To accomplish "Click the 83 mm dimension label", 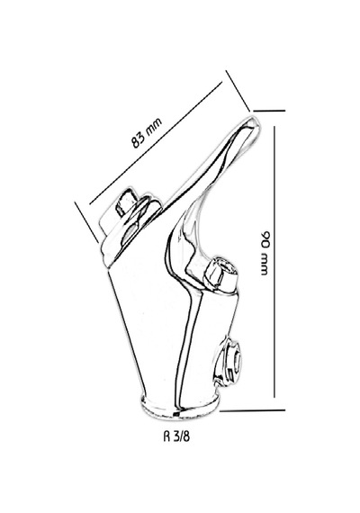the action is click(x=147, y=133).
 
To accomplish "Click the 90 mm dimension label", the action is click(x=266, y=253).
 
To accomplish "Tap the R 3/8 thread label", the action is click(x=176, y=436).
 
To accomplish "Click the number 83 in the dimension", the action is click(x=139, y=139).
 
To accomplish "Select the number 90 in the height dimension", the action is click(x=266, y=238).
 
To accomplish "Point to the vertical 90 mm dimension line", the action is click(x=274, y=262).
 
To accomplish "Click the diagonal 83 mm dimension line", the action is click(x=156, y=143).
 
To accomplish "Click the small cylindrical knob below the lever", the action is click(x=220, y=274).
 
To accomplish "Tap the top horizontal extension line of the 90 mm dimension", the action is click(x=269, y=111).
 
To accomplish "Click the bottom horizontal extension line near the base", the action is click(x=252, y=409).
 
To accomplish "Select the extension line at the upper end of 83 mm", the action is click(x=238, y=91).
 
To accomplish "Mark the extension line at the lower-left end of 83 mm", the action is click(x=86, y=222).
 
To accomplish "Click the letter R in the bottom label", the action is click(x=166, y=436).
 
